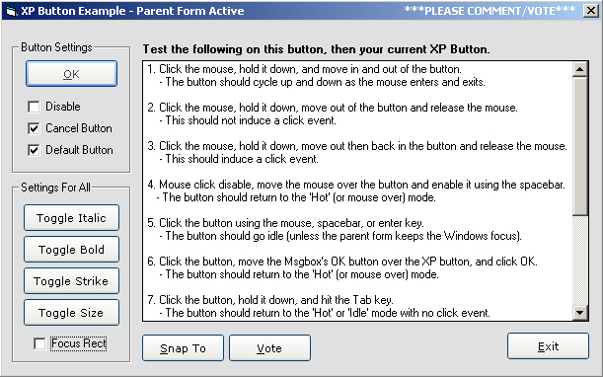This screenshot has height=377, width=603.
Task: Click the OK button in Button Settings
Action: point(71,73)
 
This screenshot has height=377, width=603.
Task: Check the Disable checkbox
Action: point(34,107)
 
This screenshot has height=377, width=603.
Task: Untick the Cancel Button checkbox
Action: point(34,128)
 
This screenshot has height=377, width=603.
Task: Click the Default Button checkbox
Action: point(34,150)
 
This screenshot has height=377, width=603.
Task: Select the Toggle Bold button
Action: point(71,250)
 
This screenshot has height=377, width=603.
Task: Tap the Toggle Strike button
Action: point(71,281)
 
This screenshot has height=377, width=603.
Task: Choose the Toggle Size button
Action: point(71,313)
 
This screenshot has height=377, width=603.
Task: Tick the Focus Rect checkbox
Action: point(39,343)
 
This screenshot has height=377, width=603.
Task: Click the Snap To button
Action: point(183,347)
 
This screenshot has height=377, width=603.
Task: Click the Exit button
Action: point(548,346)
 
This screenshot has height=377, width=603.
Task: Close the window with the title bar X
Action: point(591,11)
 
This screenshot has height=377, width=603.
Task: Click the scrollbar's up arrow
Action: point(580,69)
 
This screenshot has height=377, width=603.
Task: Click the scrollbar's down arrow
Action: point(580,312)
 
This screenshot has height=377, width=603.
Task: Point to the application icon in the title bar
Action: point(11,11)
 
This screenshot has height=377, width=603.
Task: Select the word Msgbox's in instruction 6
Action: point(306,262)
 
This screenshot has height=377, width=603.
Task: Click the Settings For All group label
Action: point(56,188)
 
